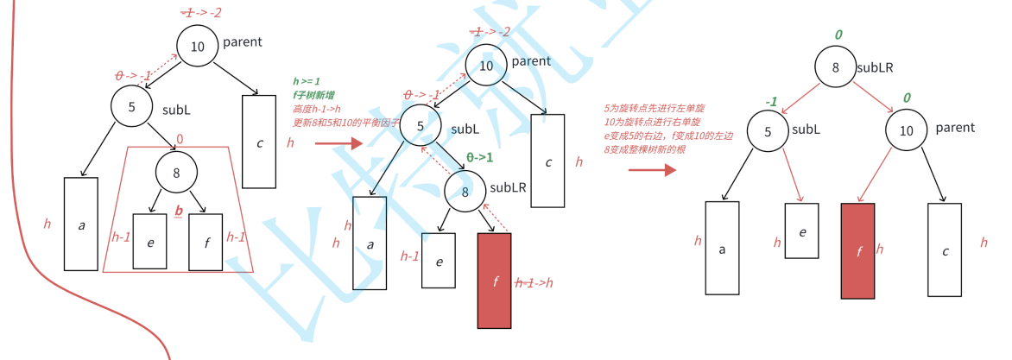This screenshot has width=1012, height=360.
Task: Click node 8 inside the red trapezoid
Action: pyautogui.click(x=176, y=173)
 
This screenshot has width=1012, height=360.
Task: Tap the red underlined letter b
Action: pyautogui.click(x=179, y=211)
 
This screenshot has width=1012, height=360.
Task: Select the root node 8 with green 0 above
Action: pyautogui.click(x=836, y=67)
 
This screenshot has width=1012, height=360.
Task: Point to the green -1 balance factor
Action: pyautogui.click(x=771, y=101)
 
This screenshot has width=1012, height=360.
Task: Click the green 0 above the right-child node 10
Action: pyautogui.click(x=907, y=98)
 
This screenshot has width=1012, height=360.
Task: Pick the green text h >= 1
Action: pyautogui.click(x=307, y=81)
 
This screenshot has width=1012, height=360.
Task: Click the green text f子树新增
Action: pyautogui.click(x=318, y=95)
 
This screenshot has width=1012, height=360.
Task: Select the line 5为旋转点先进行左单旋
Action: pyautogui.click(x=654, y=109)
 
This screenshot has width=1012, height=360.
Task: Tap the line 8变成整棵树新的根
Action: pyautogui.click(x=645, y=149)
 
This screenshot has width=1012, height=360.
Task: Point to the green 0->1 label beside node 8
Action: pyautogui.click(x=479, y=157)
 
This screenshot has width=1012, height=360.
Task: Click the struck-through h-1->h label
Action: pyautogui.click(x=534, y=282)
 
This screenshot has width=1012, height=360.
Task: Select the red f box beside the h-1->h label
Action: pyautogui.click(x=494, y=281)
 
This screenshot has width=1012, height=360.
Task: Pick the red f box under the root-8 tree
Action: pyautogui.click(x=858, y=251)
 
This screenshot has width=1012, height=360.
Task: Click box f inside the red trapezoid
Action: pyautogui.click(x=206, y=242)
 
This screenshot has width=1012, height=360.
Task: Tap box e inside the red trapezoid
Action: pyautogui.click(x=149, y=242)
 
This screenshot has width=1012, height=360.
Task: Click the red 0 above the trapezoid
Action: pyautogui.click(x=179, y=139)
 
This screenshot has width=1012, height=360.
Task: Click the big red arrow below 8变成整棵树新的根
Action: pyautogui.click(x=652, y=170)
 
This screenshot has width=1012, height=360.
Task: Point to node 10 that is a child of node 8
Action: pyautogui.click(x=906, y=130)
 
